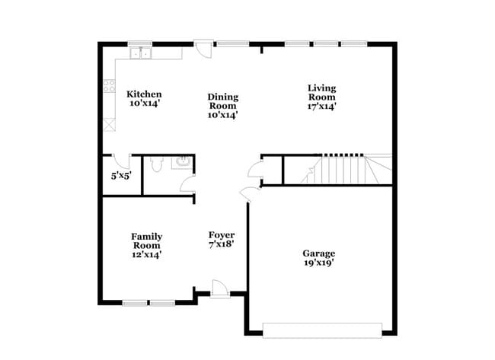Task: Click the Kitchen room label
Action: coord(144,94)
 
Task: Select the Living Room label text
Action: coord(321,91)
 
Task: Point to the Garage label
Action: coord(318,253)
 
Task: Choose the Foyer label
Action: coord(222,235)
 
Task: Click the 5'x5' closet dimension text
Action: coord(121,176)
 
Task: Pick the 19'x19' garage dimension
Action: coord(318,263)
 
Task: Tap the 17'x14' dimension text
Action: coord(321,107)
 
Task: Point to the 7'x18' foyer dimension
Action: coord(222,245)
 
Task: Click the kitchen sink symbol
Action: coord(140,53)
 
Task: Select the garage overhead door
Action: coord(321,330)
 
